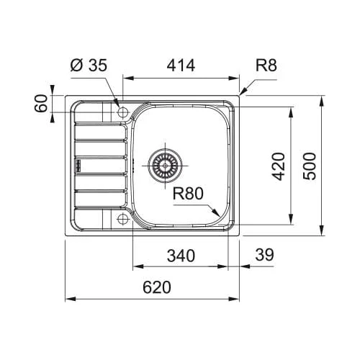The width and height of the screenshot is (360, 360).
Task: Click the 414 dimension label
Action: click(181, 66)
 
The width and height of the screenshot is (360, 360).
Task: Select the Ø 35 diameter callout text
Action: click(89, 66)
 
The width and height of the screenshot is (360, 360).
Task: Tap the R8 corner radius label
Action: click(266, 66)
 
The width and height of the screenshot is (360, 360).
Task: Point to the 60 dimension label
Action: click(41, 104)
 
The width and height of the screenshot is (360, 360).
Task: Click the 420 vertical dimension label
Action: click(279, 166)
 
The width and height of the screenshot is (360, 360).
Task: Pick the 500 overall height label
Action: click(310, 166)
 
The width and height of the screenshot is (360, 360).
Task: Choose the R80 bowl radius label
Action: click(188, 194)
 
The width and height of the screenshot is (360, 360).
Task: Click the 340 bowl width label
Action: click(181, 256)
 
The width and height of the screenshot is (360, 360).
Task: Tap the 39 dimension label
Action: click(264, 255)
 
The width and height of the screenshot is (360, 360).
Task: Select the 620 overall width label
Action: click(157, 287)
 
